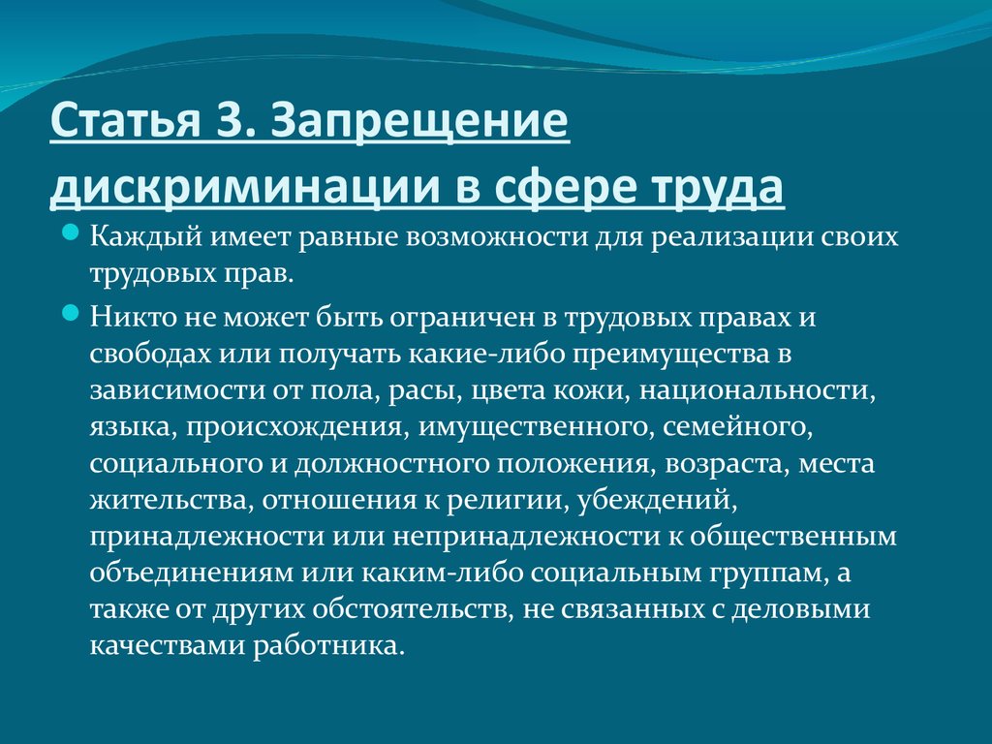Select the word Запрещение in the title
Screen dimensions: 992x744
point(419,121)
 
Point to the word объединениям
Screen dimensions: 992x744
point(191,573)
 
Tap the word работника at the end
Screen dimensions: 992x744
point(327,646)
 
